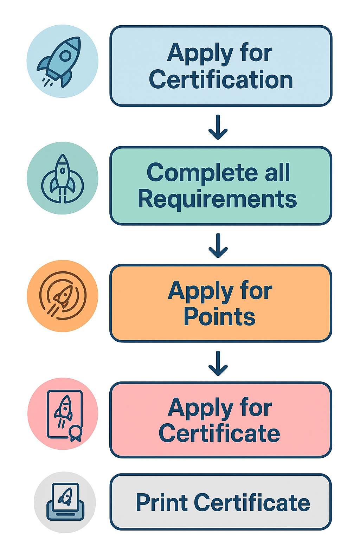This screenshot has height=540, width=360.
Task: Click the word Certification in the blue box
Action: coord(221,80)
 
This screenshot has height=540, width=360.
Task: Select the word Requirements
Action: coord(217,199)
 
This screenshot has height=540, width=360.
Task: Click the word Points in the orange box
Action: coord(219,317)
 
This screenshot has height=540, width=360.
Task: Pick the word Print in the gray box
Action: coord(161,502)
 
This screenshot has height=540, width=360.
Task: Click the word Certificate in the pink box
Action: coord(219,433)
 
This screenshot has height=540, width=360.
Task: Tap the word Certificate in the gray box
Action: coord(252,502)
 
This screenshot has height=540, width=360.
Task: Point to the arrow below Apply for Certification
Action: coord(218,127)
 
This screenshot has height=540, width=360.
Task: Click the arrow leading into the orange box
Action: coord(218,245)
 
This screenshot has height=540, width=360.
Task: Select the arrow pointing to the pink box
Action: coord(218,364)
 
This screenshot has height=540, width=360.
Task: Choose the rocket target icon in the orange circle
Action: coord(63,296)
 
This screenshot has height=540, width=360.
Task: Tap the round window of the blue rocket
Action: coord(65,56)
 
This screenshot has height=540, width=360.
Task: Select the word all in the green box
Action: coord(277,173)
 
